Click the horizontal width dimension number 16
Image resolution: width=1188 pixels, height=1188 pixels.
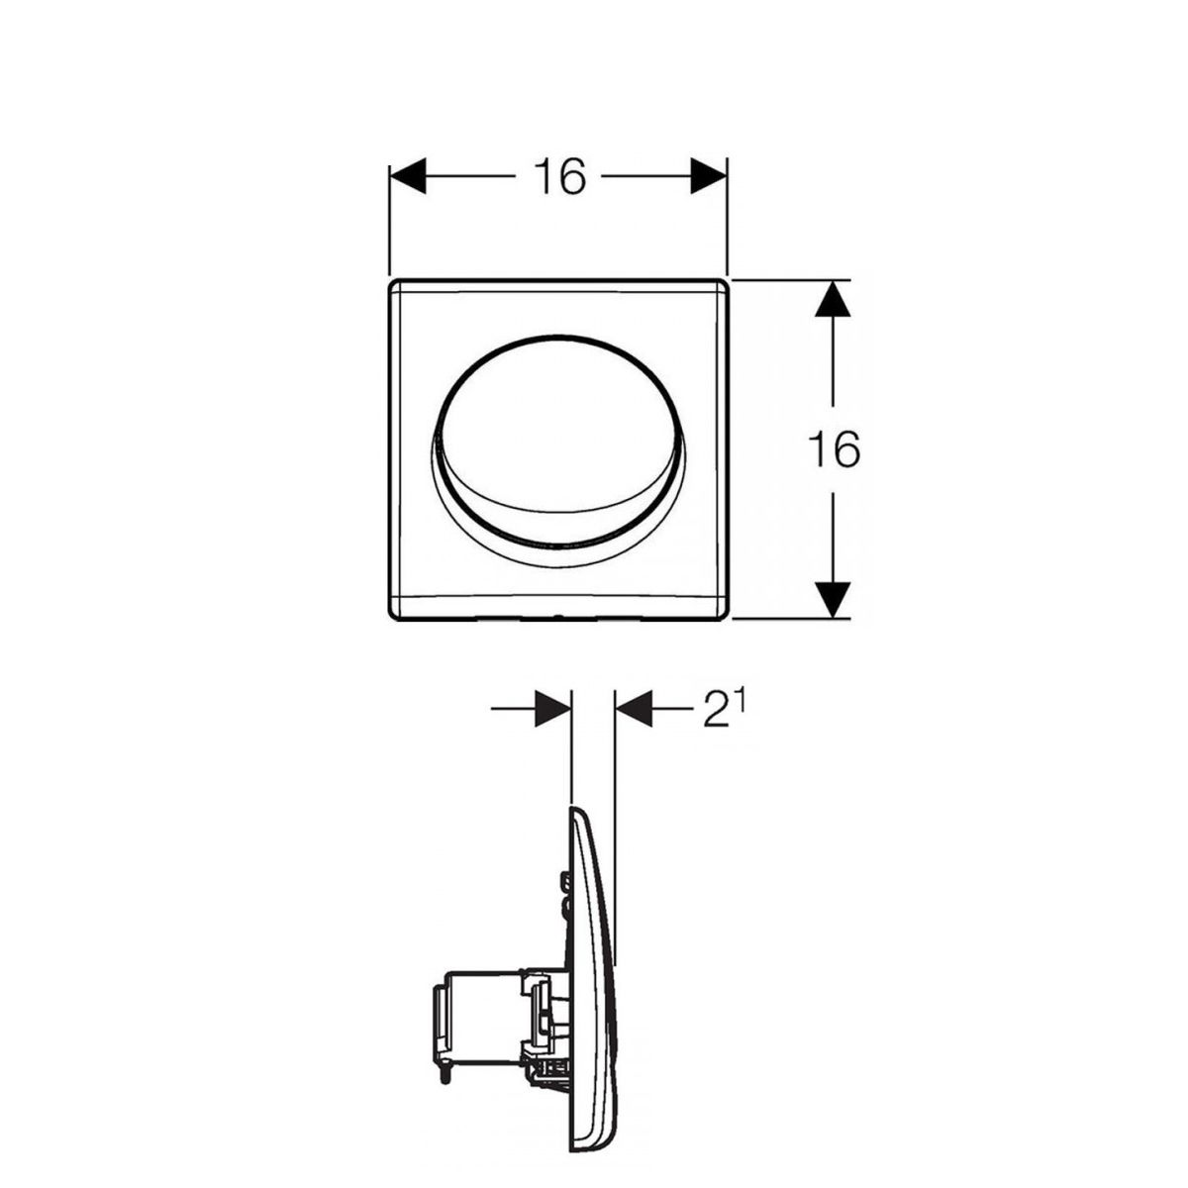coord(559,176)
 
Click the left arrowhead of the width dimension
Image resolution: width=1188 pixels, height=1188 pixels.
coord(408,176)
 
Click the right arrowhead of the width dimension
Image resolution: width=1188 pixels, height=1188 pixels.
coord(709,176)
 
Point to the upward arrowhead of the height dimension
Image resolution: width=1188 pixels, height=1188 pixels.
coord(833,300)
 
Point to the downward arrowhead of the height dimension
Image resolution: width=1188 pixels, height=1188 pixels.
coord(833,599)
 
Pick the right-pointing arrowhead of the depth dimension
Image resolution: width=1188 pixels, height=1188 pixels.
coord(553,709)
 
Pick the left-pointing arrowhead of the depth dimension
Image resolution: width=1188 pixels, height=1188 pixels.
coord(634,709)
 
